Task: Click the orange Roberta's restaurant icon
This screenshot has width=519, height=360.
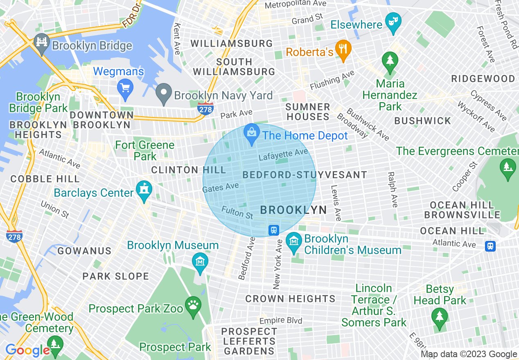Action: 343,49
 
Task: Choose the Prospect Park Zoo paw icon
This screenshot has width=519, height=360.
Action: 192,305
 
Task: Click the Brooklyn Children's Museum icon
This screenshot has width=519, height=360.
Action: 294,241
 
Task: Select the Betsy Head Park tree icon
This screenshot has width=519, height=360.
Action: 439,317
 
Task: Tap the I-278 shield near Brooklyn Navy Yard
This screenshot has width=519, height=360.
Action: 205,108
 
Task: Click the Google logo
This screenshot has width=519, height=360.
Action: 27,350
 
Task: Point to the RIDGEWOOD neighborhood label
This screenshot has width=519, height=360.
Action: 483,79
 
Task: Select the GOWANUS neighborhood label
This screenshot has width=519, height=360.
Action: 84,251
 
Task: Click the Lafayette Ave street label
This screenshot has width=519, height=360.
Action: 283,155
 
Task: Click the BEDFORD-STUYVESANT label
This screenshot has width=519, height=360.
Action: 305,175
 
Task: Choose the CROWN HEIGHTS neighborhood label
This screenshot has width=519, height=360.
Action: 290,299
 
